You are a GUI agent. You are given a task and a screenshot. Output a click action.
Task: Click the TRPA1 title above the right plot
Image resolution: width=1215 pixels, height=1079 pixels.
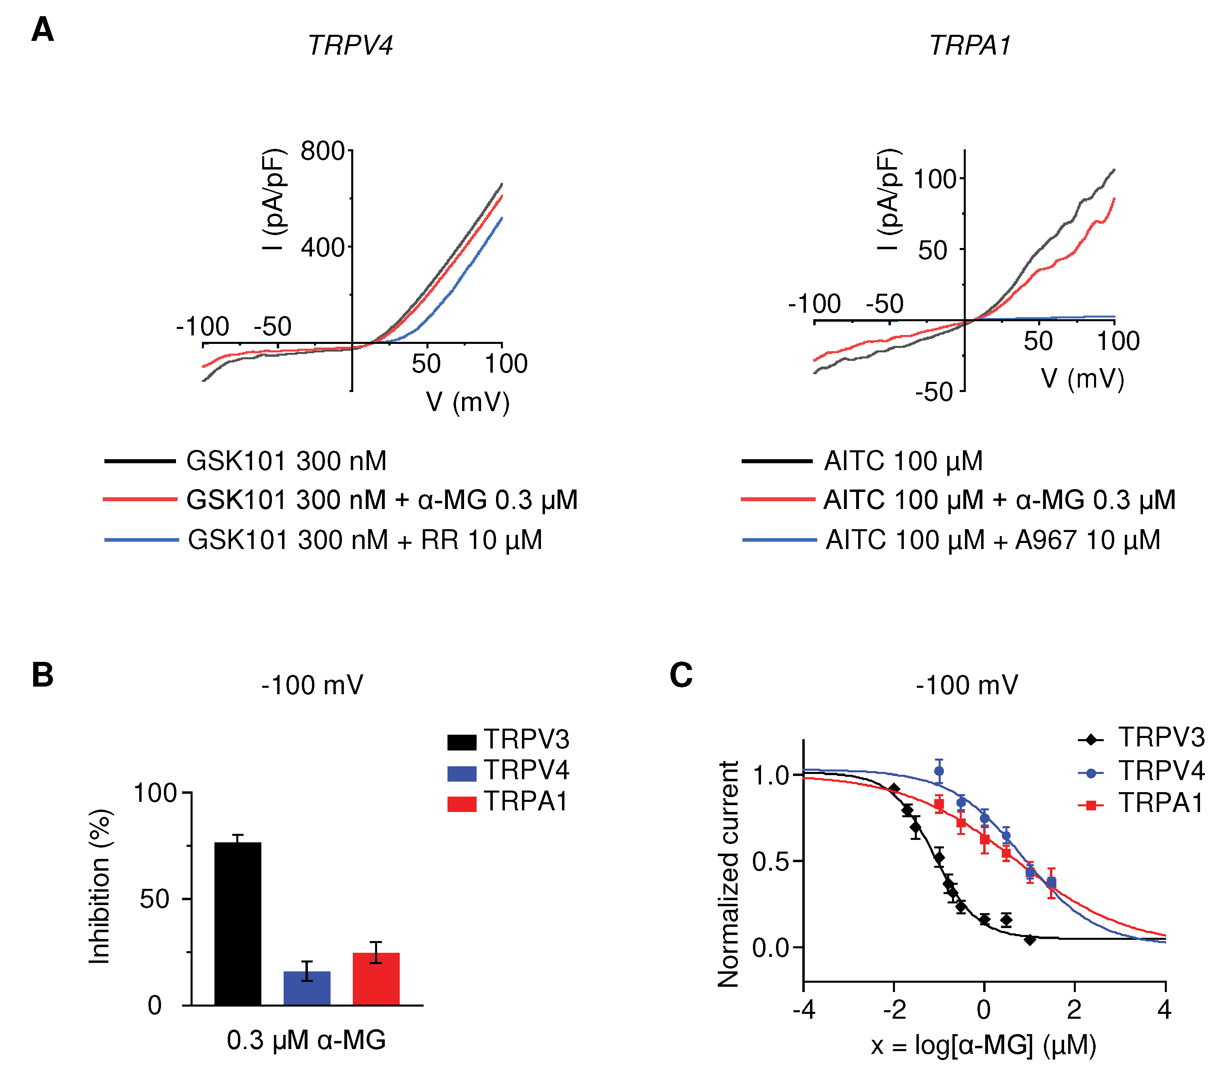pyautogui.click(x=970, y=45)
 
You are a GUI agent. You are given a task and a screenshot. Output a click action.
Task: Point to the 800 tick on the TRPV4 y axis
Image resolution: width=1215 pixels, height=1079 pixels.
pyautogui.click(x=322, y=151)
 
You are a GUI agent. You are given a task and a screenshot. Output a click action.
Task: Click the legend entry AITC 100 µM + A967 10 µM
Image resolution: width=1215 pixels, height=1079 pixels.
pyautogui.click(x=992, y=540)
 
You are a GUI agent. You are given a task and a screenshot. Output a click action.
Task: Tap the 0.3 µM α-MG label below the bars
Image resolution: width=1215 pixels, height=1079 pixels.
pyautogui.click(x=306, y=1040)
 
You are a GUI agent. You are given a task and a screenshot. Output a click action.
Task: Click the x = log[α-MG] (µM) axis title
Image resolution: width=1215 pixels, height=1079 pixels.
pyautogui.click(x=983, y=1045)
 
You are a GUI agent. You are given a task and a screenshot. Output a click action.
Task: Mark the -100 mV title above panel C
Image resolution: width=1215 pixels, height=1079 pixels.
pyautogui.click(x=967, y=685)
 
